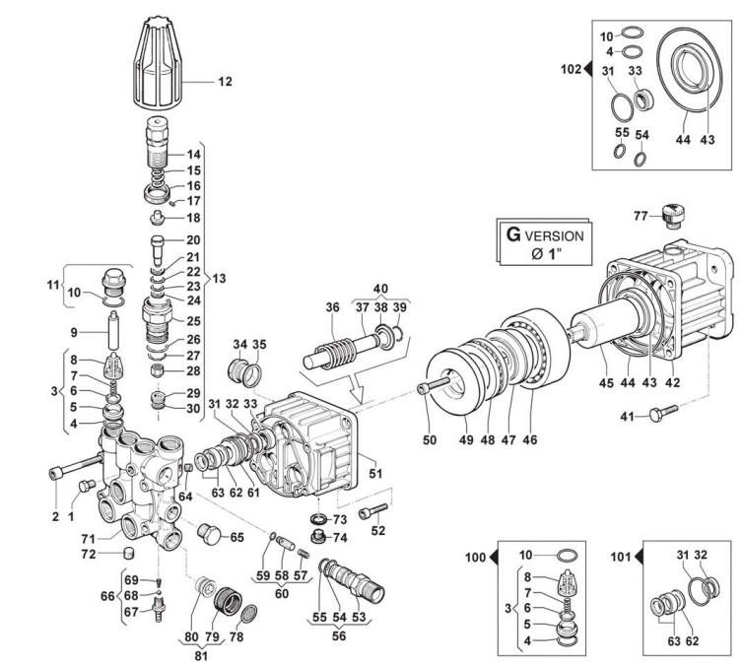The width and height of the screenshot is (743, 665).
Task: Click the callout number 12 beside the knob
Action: point(225,82)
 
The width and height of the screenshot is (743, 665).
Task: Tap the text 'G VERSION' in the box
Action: point(545,236)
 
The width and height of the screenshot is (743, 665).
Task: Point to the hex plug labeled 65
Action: point(210,536)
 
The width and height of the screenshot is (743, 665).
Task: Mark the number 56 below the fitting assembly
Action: point(337,636)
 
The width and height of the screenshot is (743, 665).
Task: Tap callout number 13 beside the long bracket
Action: point(219,279)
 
